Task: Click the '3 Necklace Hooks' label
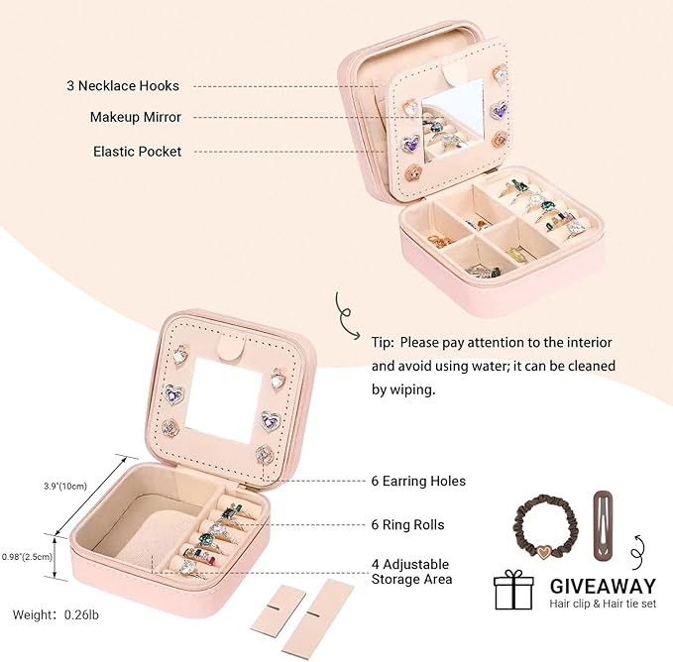[x=123, y=86]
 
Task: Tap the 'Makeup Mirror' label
[x=136, y=117]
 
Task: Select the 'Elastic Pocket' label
[x=138, y=152]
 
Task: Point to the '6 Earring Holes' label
[x=418, y=481]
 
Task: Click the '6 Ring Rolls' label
[x=407, y=524]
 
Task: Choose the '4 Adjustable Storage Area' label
[x=412, y=572]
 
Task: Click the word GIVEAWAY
[x=603, y=587]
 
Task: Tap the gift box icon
[x=513, y=590]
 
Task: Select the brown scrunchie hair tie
[x=547, y=527]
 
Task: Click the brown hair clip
[x=607, y=525]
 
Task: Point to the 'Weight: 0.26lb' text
[x=56, y=614]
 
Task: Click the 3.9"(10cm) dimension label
[x=65, y=487]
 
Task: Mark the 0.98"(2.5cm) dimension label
[x=27, y=557]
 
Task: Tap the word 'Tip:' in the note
[x=383, y=343]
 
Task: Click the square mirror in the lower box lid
[x=224, y=400]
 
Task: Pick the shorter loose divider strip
[x=279, y=609]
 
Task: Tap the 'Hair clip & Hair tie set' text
[x=603, y=604]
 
